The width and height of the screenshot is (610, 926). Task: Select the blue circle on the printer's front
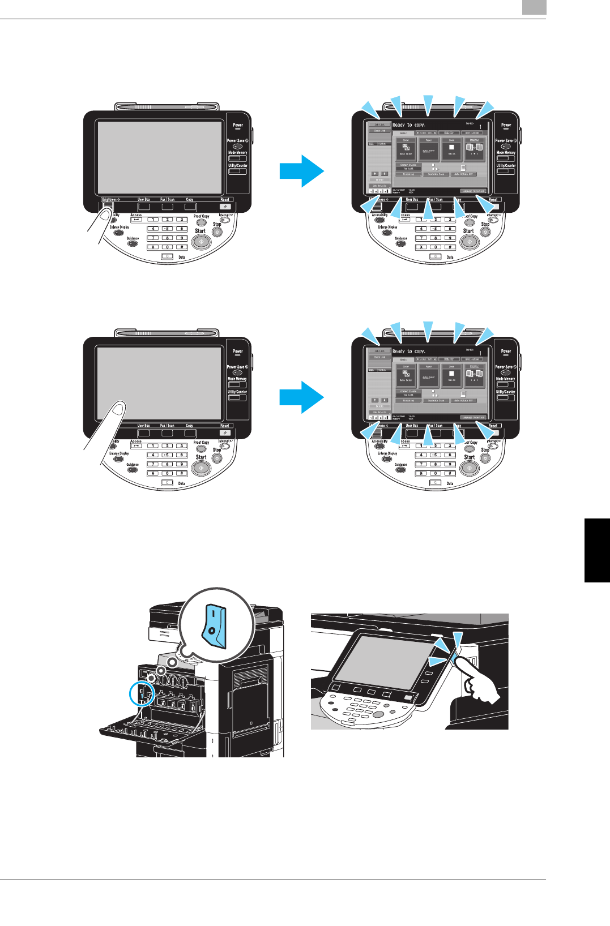142,693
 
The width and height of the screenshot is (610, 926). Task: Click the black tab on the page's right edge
597,550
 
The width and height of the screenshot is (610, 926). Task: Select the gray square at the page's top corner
534,7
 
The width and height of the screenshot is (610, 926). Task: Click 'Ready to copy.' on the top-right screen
408,125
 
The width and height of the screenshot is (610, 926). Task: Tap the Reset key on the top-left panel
225,206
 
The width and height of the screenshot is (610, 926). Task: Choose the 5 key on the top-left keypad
167,229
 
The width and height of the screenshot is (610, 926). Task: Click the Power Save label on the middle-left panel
237,367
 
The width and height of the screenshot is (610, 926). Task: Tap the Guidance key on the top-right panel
400,243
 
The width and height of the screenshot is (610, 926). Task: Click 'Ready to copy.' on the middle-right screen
408,351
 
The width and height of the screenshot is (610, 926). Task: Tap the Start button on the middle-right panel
469,468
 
